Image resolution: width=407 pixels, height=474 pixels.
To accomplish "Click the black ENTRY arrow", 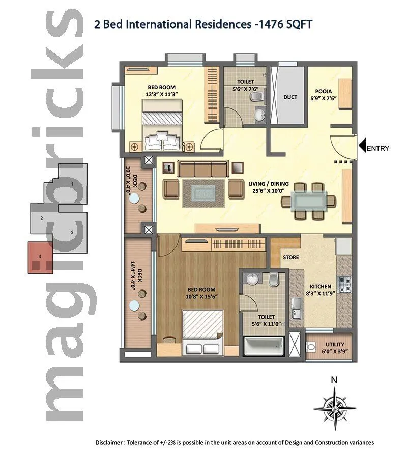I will pos(363,147).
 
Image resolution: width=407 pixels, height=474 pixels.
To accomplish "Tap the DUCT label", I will pos(290,97).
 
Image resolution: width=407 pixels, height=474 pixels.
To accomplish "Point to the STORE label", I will pos(291,257).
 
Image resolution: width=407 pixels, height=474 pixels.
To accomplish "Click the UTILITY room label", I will pos(335,345).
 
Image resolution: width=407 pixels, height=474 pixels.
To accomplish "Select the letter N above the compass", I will pos(334,380).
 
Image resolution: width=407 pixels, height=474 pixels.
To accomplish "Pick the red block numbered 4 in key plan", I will pos(40,257).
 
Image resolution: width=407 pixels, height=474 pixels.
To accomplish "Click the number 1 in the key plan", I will pos(73,183).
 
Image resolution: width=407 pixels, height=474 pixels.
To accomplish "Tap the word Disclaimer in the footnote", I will pos(110,443).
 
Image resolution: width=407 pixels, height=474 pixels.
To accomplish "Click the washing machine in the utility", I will pos(311,347).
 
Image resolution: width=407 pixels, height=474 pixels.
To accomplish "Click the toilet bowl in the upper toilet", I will pos(259,96).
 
